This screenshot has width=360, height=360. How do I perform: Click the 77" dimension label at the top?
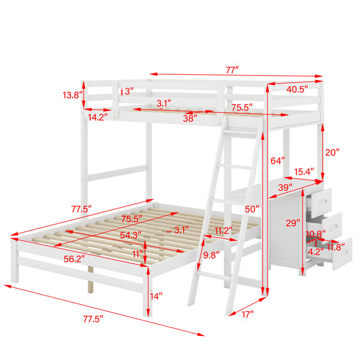pyautogui.click(x=232, y=70)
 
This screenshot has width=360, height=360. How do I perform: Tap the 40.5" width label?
pyautogui.click(x=296, y=89)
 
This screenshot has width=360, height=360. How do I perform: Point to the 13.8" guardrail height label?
pyautogui.click(x=73, y=95)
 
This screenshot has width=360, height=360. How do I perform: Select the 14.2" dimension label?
pyautogui.click(x=98, y=118)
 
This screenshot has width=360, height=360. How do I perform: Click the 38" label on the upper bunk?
pyautogui.click(x=190, y=118)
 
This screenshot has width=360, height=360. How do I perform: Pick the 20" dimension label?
pyautogui.click(x=332, y=152)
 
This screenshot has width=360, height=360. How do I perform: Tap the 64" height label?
pyautogui.click(x=278, y=160)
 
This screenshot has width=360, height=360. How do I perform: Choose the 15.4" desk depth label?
pyautogui.click(x=304, y=172)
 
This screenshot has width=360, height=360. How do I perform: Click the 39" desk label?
pyautogui.click(x=285, y=188)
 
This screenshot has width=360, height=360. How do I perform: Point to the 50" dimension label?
pyautogui.click(x=252, y=209)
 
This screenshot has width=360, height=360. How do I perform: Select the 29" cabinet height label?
pyautogui.click(x=293, y=223)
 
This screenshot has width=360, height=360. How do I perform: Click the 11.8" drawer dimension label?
pyautogui.click(x=336, y=247)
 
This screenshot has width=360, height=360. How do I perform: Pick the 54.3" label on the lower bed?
pyautogui.click(x=131, y=235)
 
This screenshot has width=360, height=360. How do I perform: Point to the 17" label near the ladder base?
pyautogui.click(x=247, y=314)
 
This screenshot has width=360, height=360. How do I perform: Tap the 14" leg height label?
pyautogui.click(x=156, y=296)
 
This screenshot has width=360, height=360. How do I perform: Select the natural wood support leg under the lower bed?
pyautogui.click(x=91, y=280)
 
